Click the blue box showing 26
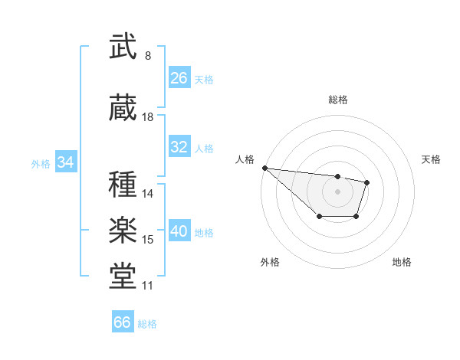(x=179, y=78)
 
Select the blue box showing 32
(x=179, y=147)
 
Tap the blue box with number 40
(x=179, y=231)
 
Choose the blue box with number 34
(x=65, y=162)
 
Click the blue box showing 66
(x=123, y=322)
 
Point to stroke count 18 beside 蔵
(x=148, y=117)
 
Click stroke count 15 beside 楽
(x=148, y=240)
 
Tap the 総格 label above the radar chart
(x=338, y=100)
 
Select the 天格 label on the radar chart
(x=432, y=159)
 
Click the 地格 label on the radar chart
(x=402, y=263)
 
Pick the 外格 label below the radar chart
(x=270, y=263)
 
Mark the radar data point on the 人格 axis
(x=264, y=168)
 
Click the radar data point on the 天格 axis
(x=367, y=182)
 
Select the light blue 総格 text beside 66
(x=147, y=324)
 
